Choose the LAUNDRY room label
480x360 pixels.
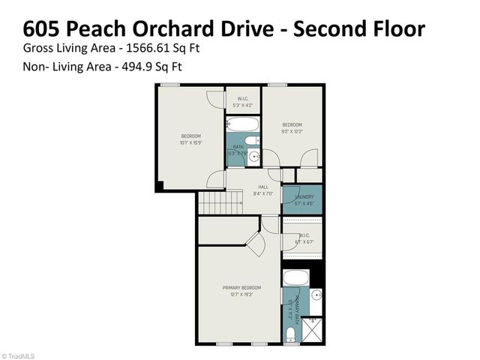pyautogui.click(x=303, y=196)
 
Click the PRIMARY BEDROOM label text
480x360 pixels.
pyautogui.click(x=241, y=288)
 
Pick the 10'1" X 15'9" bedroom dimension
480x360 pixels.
pyautogui.click(x=191, y=142)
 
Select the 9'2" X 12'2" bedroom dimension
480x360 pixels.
pyautogui.click(x=292, y=131)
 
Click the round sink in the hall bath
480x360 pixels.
pyautogui.click(x=253, y=156)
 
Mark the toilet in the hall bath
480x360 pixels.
pyautogui.click(x=255, y=139)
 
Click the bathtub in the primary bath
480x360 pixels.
pyautogui.click(x=296, y=277)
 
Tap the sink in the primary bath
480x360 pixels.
pyautogui.click(x=316, y=294)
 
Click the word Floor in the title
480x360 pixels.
pyautogui.click(x=397, y=28)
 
